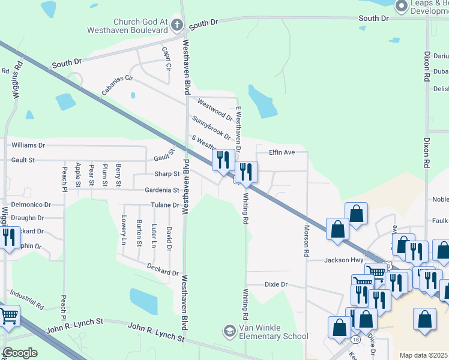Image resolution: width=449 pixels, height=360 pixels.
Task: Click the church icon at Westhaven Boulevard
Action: [176, 25]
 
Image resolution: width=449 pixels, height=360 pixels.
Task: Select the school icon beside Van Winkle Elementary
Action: [229, 331]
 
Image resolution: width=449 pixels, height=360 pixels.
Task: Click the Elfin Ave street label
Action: [282, 152]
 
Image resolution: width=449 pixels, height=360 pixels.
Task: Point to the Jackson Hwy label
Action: [344, 260]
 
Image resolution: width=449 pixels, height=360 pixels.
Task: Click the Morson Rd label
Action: [306, 234]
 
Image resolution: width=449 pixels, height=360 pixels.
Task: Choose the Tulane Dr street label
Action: [165, 205]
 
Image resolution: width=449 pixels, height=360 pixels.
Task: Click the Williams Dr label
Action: [28, 145]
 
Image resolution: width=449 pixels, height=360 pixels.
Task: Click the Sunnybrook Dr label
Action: [211, 127]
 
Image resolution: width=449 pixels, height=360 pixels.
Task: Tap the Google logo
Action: [19, 353]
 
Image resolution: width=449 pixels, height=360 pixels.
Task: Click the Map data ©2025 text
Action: [423, 355]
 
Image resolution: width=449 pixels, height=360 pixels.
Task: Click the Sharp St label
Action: [167, 174]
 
